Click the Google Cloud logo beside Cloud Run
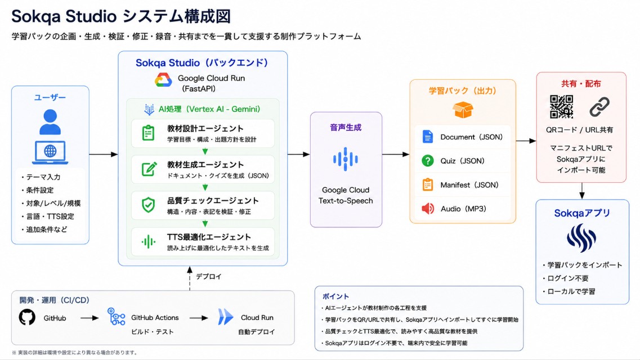(x=163, y=80)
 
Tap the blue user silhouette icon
(x=50, y=122)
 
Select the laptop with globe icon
(x=50, y=152)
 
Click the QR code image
(x=561, y=107)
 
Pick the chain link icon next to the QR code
(x=599, y=107)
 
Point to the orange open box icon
(x=463, y=110)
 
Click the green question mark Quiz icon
(x=427, y=161)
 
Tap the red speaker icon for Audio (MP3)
(x=427, y=209)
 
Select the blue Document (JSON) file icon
(x=427, y=137)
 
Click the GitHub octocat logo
(x=27, y=317)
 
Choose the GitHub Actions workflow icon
(x=116, y=317)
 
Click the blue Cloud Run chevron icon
(x=225, y=317)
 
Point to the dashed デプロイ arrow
(x=189, y=278)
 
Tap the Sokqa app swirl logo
(x=581, y=238)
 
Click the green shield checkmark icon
(x=148, y=205)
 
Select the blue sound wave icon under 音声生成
(x=345, y=159)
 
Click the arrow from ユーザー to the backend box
(x=103, y=154)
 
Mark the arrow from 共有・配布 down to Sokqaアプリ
(x=581, y=191)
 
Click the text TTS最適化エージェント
(x=209, y=237)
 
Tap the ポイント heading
(x=335, y=296)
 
